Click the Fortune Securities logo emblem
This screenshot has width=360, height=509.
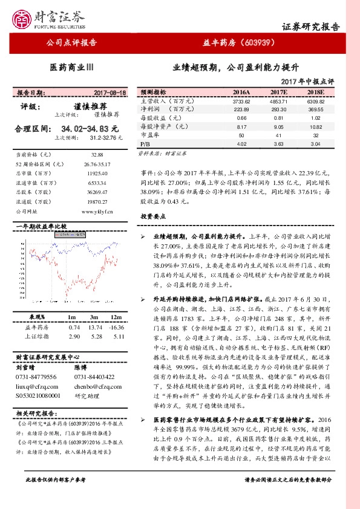(x=24, y=18)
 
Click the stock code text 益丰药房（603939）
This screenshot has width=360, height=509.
(x=240, y=43)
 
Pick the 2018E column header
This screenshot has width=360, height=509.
(x=316, y=92)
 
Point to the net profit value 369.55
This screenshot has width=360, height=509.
(x=316, y=109)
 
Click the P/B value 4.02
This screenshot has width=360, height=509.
(x=241, y=145)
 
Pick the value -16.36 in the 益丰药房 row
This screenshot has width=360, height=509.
(x=116, y=326)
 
